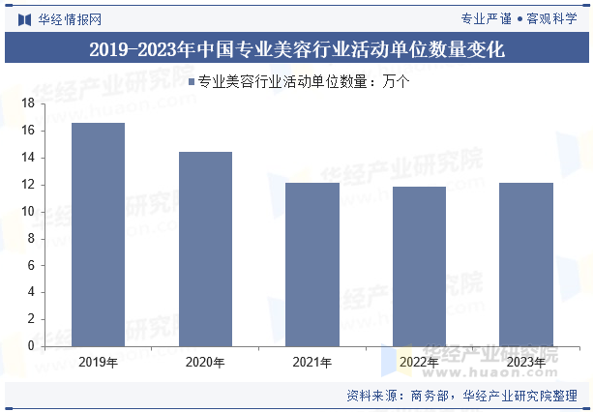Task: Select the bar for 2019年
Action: pyautogui.click(x=98, y=234)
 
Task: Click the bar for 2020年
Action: pyautogui.click(x=205, y=249)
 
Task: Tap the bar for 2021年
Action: pyautogui.click(x=311, y=264)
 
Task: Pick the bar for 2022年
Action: pyautogui.click(x=419, y=266)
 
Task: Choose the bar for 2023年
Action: pyautogui.click(x=525, y=264)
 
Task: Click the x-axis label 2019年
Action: pyautogui.click(x=98, y=363)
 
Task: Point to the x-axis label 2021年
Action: pyautogui.click(x=311, y=363)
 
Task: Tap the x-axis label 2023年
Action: pyautogui.click(x=525, y=363)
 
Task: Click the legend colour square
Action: pyautogui.click(x=192, y=82)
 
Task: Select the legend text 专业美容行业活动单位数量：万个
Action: pyautogui.click(x=303, y=82)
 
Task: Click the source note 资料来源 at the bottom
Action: pyautogui.click(x=461, y=396)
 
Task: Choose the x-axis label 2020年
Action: pyautogui.click(x=205, y=363)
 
